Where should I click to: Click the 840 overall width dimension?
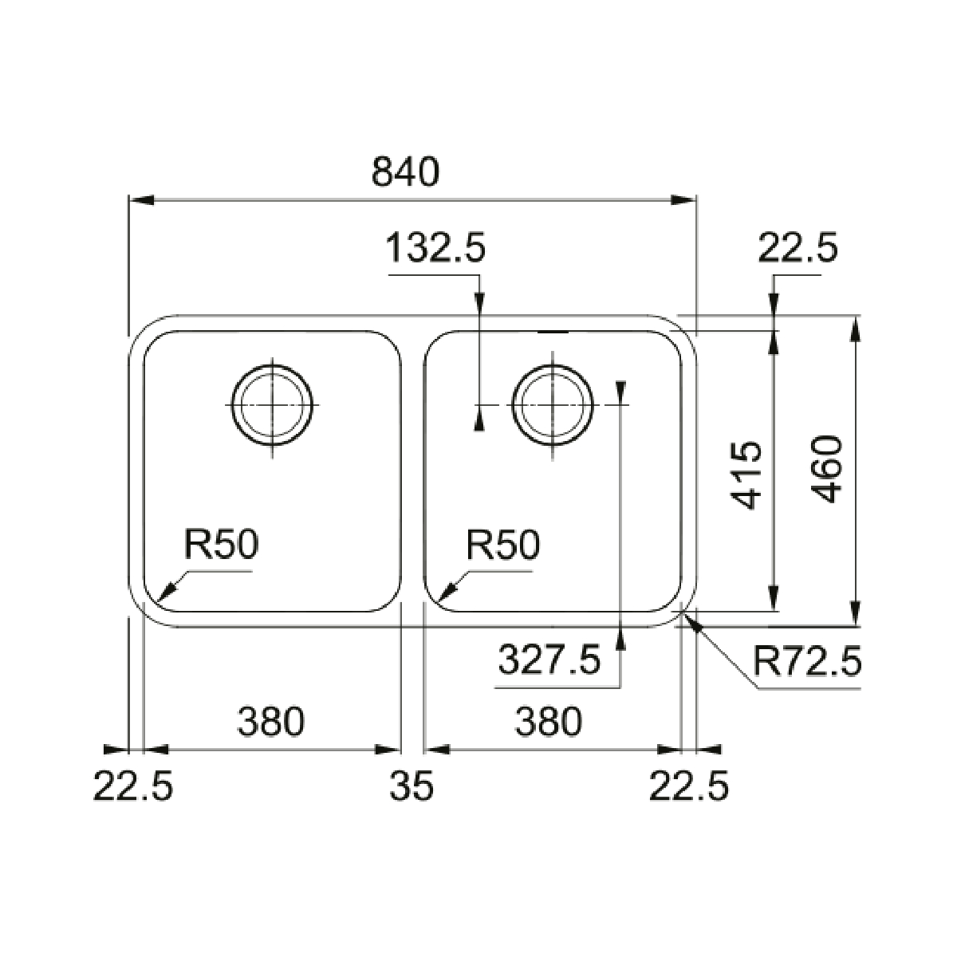click(406, 171)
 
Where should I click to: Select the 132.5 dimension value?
click(435, 248)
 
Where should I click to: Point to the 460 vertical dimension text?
click(826, 469)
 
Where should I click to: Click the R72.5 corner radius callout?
click(807, 662)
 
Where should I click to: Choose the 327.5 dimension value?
click(549, 659)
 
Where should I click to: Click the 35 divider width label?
click(412, 786)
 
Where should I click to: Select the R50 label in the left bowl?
click(222, 544)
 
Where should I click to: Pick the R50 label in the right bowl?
click(502, 545)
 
